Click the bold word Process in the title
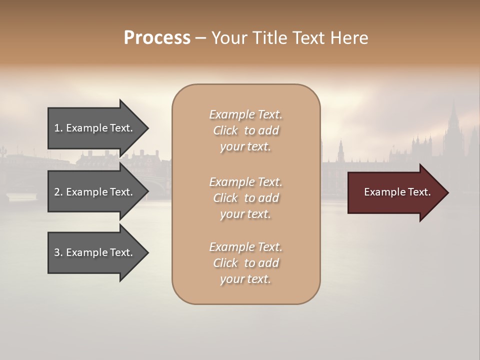coord(157,38)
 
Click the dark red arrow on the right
coord(395,192)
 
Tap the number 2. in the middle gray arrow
coord(58,192)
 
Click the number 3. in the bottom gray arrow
coord(58,252)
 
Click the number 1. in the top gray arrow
coord(58,128)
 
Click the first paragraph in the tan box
coord(245,130)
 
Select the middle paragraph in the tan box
coord(245,198)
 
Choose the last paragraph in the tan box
coord(245,263)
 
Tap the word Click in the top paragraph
coord(225,130)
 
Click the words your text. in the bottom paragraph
coord(245,279)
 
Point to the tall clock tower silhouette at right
coord(453,125)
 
